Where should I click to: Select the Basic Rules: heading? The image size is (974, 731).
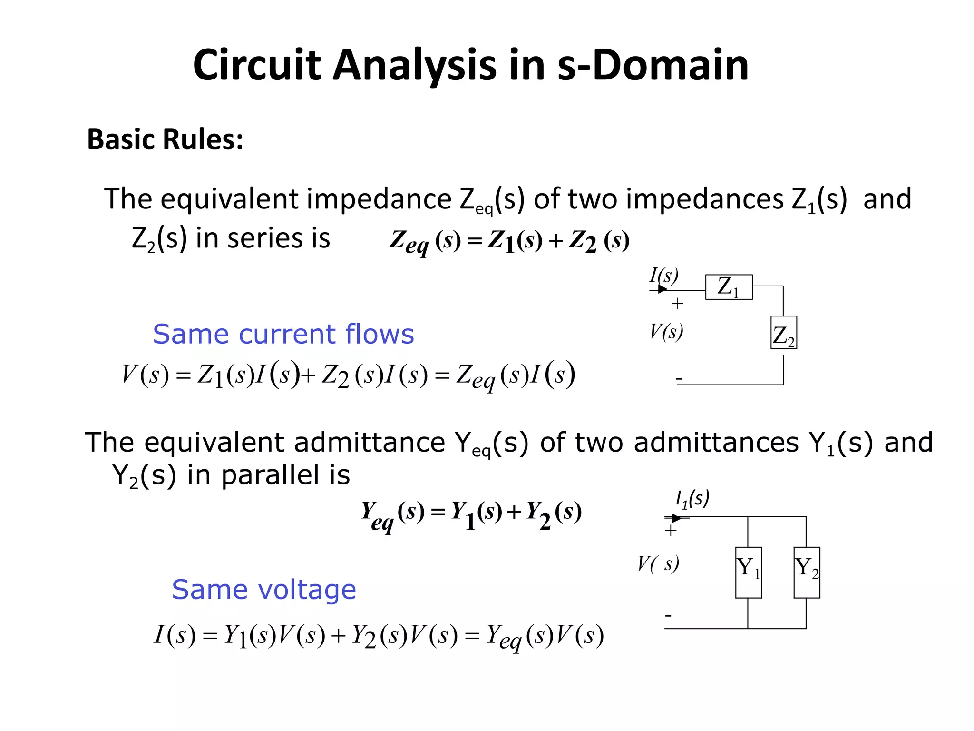[x=165, y=139]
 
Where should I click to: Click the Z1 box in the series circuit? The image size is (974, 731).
[x=729, y=287]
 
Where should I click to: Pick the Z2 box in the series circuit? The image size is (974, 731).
[x=783, y=333]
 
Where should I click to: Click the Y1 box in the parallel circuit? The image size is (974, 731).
[x=748, y=572]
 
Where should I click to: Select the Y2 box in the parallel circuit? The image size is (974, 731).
[x=807, y=572]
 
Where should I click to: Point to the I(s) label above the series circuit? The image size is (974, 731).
[x=664, y=275]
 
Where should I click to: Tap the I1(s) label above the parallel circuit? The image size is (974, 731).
[x=692, y=499]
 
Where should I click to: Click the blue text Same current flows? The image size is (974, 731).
[x=283, y=334]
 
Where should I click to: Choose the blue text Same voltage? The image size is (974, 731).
[x=264, y=590]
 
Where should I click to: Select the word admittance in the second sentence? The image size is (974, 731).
[x=370, y=443]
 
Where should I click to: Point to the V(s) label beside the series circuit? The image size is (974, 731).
[x=666, y=332]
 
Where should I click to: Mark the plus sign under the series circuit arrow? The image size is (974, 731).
[x=677, y=304]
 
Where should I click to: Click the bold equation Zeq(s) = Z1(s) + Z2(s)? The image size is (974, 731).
[x=509, y=241]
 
